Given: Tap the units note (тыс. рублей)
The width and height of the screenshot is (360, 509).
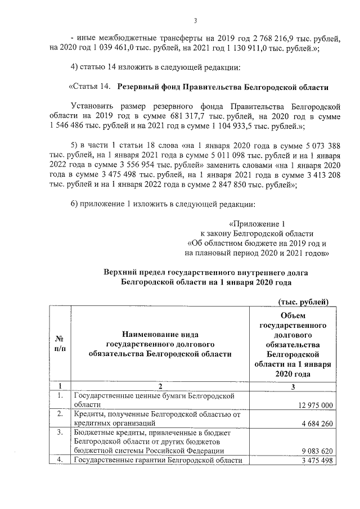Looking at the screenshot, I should click(x=303, y=302).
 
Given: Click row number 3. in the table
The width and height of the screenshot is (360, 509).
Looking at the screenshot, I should click(x=59, y=433).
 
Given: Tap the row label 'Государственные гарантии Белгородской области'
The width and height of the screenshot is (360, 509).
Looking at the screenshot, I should click(x=158, y=461).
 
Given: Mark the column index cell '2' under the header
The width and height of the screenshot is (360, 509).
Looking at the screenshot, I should click(x=160, y=386).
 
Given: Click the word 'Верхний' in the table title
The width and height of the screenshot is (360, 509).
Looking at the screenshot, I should click(x=119, y=272).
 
